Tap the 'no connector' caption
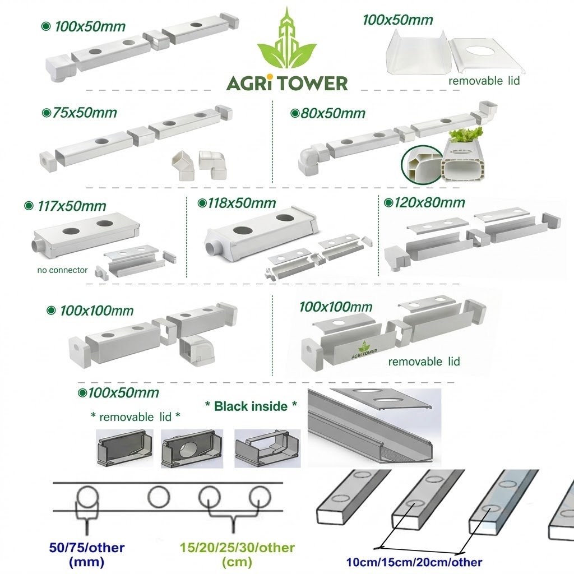point(62,270)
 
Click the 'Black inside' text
point(251,406)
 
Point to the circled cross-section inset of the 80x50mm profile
point(422,164)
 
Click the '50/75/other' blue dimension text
point(87,548)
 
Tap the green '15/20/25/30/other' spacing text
point(237,548)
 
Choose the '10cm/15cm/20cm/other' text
point(414,562)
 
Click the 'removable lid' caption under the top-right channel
point(484,81)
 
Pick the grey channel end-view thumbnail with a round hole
point(192,448)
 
